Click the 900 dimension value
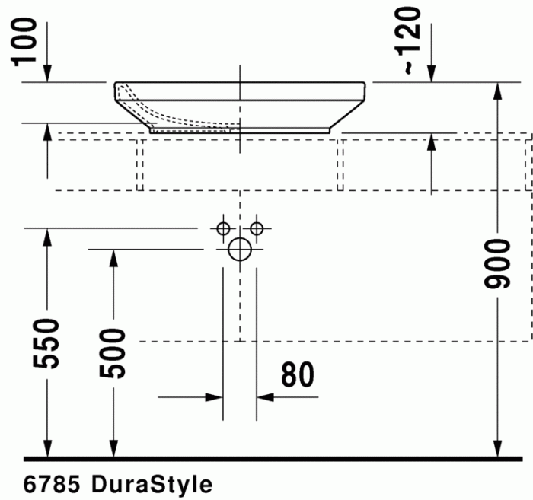pos(498,264)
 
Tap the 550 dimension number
pos(48,344)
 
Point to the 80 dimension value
pos(297,374)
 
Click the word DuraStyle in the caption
pos(152,484)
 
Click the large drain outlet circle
pos(240,249)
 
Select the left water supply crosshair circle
pos(223,228)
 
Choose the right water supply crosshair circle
pos(257,228)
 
